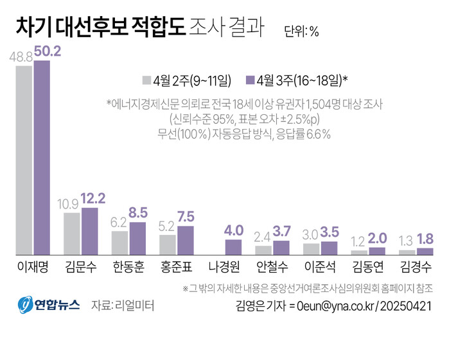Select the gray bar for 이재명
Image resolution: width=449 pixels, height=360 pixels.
(x=24, y=160)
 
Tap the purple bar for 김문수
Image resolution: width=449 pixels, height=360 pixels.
(x=90, y=232)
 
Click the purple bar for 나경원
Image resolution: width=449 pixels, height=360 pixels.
(x=233, y=247)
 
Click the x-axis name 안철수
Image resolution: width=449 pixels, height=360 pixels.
(x=272, y=268)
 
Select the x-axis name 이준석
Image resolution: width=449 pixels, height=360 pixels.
(x=321, y=268)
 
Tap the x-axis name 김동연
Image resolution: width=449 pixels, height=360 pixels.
(x=368, y=268)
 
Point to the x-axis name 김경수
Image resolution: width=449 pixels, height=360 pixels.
(x=416, y=268)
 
